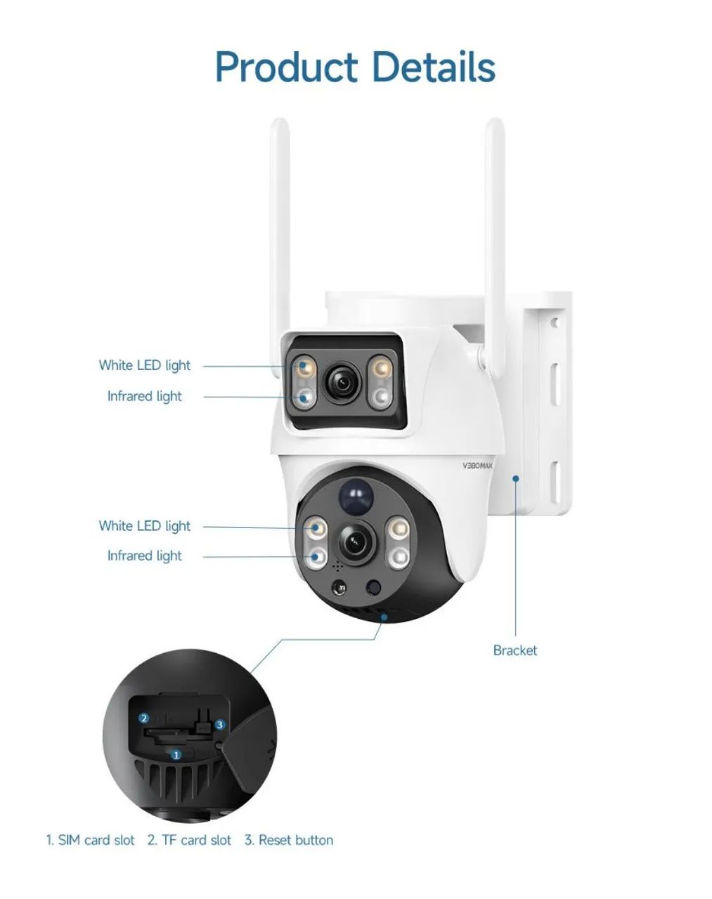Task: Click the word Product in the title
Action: pyautogui.click(x=286, y=67)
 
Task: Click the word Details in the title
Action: pyautogui.click(x=433, y=67)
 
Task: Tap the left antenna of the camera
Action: pyautogui.click(x=280, y=234)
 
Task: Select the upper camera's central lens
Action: pyautogui.click(x=344, y=381)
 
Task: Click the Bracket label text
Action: pyautogui.click(x=515, y=650)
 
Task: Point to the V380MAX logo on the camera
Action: pyautogui.click(x=478, y=466)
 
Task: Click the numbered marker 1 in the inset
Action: pyautogui.click(x=176, y=755)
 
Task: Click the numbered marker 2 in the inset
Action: pyautogui.click(x=144, y=718)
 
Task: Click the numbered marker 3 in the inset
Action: pyautogui.click(x=220, y=724)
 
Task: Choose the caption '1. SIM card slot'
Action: pyautogui.click(x=90, y=840)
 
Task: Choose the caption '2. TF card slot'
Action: pyautogui.click(x=189, y=840)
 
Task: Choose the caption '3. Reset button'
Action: pyautogui.click(x=289, y=840)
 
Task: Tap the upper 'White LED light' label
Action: pyautogui.click(x=145, y=365)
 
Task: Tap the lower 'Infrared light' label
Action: pyautogui.click(x=145, y=556)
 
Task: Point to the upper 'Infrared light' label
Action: pyautogui.click(x=145, y=396)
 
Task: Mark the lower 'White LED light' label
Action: pyautogui.click(x=145, y=526)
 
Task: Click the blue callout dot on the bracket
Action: pyautogui.click(x=516, y=479)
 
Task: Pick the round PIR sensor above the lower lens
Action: pyautogui.click(x=356, y=497)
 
